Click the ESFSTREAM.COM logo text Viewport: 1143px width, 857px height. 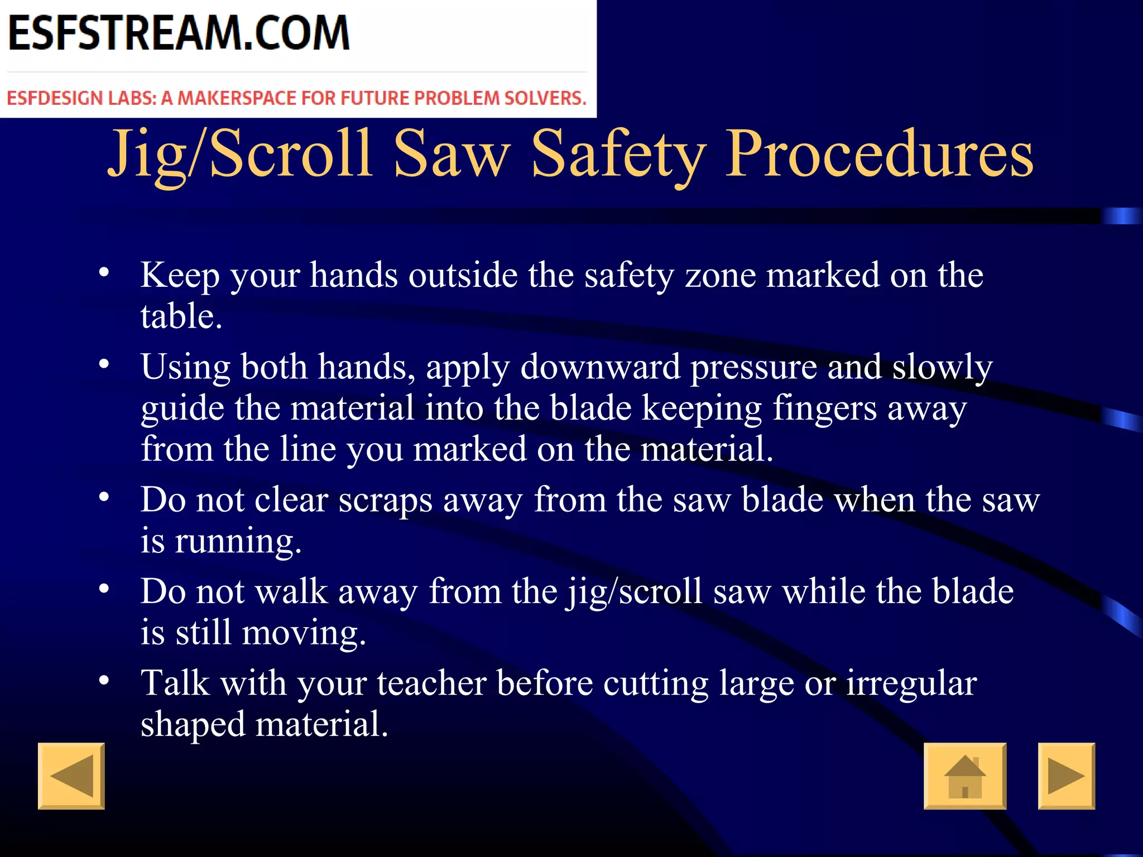pos(179,33)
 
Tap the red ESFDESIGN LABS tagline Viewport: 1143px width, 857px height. pos(296,98)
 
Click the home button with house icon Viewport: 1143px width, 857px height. pos(965,776)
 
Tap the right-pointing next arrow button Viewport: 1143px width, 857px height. pos(1066,776)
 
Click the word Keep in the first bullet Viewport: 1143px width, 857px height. pos(180,276)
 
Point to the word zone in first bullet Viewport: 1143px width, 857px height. pos(720,276)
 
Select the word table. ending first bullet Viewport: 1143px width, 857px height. pos(181,316)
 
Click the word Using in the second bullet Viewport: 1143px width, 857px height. pos(185,368)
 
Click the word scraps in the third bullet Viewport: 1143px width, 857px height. pos(385,500)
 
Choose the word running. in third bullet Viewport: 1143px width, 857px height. pos(238,541)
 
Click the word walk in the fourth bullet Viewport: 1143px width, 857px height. pos(291,591)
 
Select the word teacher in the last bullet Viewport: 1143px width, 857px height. pos(431,683)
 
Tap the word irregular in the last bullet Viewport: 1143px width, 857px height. pos(911,683)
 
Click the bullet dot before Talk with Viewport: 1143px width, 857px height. pos(104,681)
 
